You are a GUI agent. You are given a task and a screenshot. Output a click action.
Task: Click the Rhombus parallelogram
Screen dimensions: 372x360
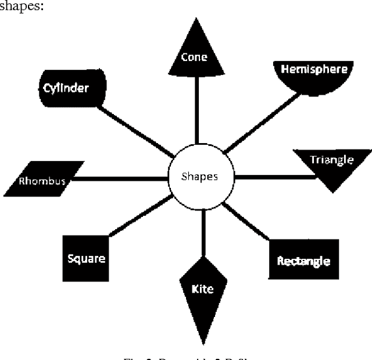(43, 179)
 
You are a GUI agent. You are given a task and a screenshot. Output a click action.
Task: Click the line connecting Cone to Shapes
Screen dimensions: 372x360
(196, 116)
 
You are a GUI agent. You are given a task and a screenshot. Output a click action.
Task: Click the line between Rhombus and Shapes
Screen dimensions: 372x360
(119, 179)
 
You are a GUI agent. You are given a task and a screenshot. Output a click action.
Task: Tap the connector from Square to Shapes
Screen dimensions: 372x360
(139, 216)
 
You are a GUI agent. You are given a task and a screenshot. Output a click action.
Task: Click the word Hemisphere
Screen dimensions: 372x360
(314, 69)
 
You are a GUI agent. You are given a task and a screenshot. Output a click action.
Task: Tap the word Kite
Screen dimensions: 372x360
(202, 288)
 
